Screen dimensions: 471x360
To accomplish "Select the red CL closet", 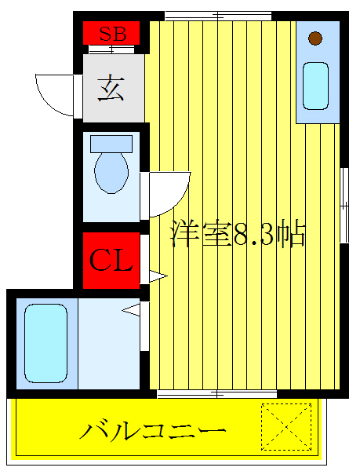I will click(111, 260).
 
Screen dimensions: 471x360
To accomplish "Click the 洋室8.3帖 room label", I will click(238, 234).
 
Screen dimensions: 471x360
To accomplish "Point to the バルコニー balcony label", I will click(154, 431).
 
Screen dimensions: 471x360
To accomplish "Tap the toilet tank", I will click(111, 144).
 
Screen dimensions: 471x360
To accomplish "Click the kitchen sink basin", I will click(315, 86).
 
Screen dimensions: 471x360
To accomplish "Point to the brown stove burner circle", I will click(315, 38).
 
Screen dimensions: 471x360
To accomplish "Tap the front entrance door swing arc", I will click(53, 93).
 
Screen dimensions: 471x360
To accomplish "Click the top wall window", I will click(217, 15).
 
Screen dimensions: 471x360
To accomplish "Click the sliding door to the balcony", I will click(217, 391).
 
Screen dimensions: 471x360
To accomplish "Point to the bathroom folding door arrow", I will click(132, 311).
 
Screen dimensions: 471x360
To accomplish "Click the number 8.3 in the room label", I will click(253, 235).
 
